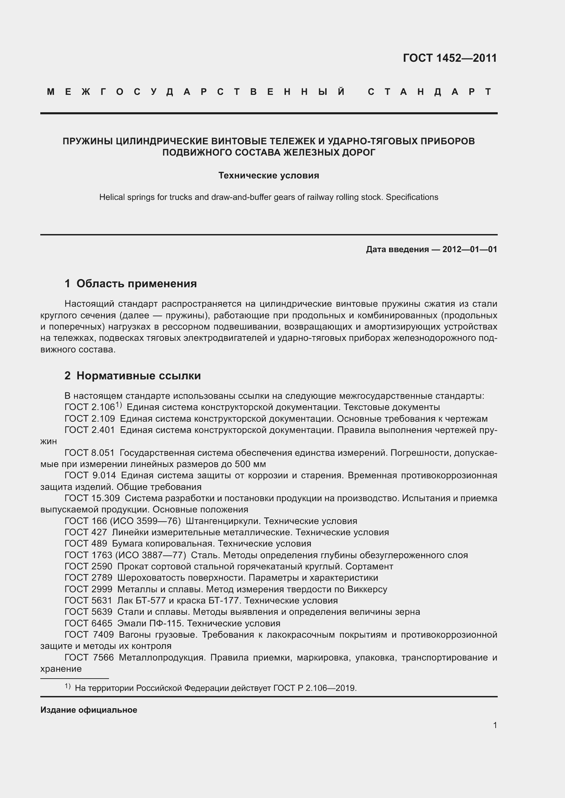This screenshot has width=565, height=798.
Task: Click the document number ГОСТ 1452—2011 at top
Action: (x=450, y=58)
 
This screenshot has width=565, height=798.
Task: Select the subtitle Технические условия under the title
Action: (x=268, y=175)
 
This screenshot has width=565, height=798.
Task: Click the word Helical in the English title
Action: (x=111, y=198)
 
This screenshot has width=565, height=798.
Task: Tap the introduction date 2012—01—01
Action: (x=469, y=249)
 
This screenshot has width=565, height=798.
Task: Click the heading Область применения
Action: (x=136, y=284)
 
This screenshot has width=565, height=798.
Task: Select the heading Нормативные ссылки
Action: (x=138, y=376)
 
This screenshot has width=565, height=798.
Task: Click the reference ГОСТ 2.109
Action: (x=90, y=419)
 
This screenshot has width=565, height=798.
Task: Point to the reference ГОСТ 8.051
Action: (x=89, y=453)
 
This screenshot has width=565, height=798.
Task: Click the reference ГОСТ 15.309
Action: (x=92, y=498)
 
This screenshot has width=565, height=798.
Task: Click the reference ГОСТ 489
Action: (x=86, y=543)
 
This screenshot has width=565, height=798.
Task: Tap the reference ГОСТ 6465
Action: (x=88, y=623)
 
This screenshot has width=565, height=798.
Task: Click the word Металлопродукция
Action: (x=161, y=657)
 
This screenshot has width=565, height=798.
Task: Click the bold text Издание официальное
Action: (x=89, y=710)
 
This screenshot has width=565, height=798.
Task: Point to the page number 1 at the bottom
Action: (x=495, y=725)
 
